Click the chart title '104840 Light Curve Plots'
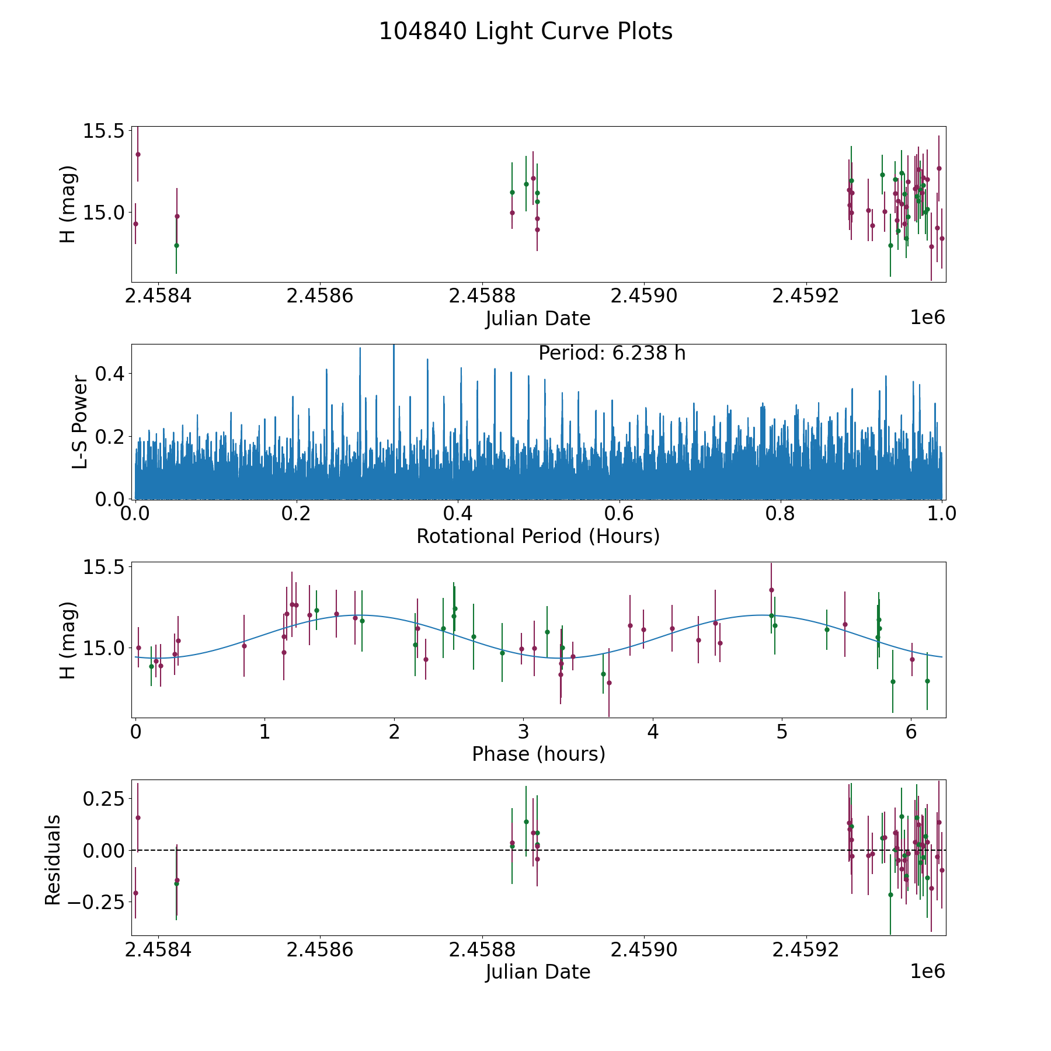525,32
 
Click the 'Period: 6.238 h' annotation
611,353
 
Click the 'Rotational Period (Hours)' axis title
538,536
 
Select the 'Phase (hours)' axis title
538,754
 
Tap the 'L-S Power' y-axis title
80,422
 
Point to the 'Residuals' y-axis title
53,859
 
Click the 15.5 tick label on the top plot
103,131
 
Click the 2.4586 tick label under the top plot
320,296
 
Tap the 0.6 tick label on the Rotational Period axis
619,514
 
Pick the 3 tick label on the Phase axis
523,732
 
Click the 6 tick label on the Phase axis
911,732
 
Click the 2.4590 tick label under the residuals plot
644,950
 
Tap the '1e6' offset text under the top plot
927,318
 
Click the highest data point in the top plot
138,154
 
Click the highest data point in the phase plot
771,590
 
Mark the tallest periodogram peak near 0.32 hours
394,346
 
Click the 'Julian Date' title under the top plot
538,319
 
